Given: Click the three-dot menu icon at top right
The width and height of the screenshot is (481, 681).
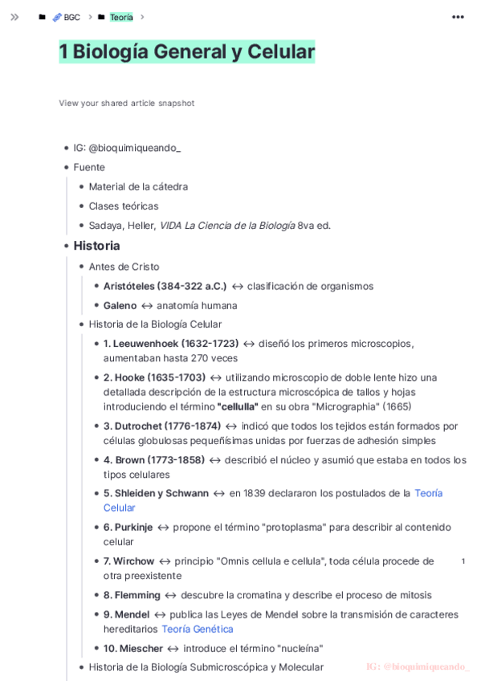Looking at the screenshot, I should point(458,17).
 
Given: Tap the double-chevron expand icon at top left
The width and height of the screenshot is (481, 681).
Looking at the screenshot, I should point(14,17).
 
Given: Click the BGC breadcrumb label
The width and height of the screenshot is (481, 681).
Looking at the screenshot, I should point(71,17).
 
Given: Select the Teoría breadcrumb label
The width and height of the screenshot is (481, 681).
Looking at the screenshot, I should point(121,17).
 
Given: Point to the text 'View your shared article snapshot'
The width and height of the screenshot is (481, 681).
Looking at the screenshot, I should point(126,103).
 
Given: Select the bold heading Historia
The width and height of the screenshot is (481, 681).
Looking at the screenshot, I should point(96,246).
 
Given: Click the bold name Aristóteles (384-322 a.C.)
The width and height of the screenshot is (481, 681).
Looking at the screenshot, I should point(165,286).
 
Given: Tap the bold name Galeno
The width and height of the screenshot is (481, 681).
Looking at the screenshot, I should point(120,305).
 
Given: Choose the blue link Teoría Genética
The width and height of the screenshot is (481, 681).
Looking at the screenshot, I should point(198,629).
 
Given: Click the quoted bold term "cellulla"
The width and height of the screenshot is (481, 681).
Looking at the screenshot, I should point(238,406).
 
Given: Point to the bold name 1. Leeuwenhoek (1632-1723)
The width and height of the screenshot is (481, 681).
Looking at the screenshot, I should point(171,344).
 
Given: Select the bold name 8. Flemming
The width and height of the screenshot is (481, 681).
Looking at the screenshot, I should point(132,595).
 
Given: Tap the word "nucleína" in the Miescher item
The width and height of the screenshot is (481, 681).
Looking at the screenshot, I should point(300,648).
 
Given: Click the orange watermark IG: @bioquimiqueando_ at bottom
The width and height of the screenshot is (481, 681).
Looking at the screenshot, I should point(418,667).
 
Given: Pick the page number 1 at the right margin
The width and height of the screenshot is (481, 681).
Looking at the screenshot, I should point(463,561).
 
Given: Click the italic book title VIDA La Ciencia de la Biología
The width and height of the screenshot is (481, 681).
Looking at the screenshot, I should point(227,226).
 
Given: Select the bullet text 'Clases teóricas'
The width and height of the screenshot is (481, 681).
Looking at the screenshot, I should point(124,206).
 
